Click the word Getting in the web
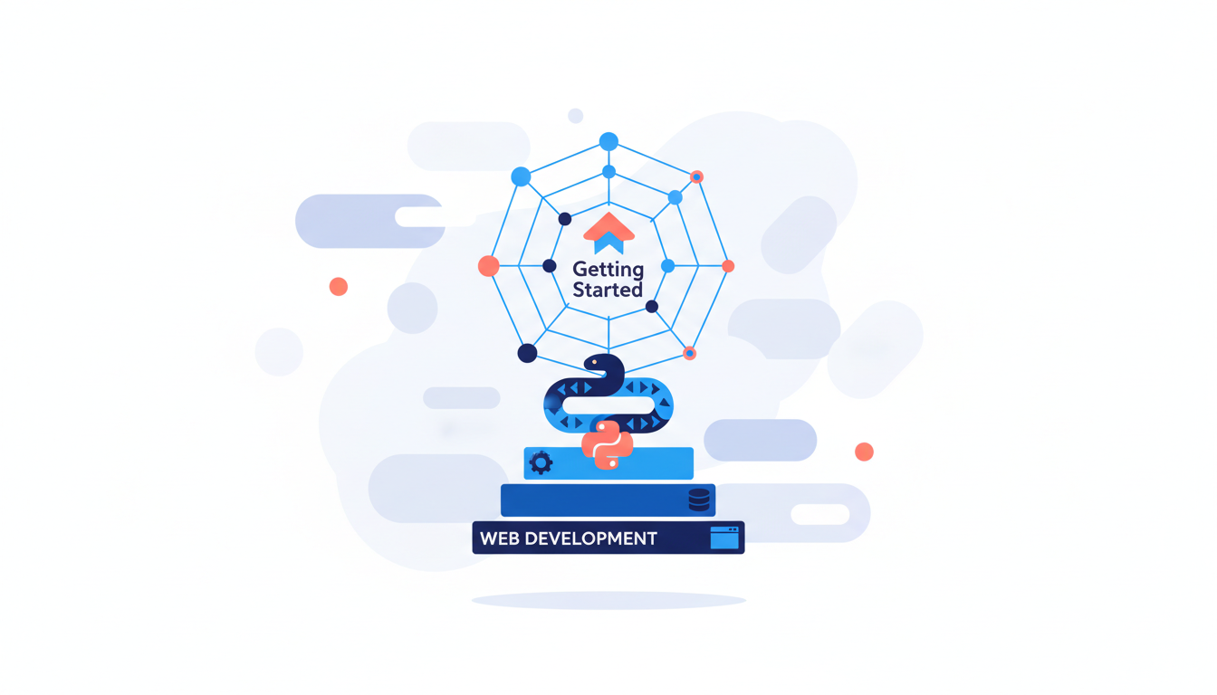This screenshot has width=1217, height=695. [x=608, y=270]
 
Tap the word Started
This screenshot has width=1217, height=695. [x=608, y=290]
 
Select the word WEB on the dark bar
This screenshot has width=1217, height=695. [x=500, y=538]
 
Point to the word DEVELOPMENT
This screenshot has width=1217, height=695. [x=591, y=538]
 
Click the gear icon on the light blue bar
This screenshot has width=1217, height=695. [x=541, y=463]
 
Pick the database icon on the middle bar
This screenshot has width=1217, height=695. [x=699, y=500]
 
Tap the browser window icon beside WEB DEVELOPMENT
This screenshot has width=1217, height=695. [x=724, y=538]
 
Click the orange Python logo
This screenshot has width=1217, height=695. [x=608, y=444]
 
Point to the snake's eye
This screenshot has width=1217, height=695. [x=595, y=362]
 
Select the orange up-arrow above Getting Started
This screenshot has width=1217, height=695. [x=609, y=227]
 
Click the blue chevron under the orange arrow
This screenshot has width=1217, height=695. [x=609, y=243]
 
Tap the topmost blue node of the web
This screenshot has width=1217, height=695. [x=608, y=142]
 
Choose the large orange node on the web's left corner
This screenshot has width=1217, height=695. [x=488, y=266]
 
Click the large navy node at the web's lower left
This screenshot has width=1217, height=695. [x=527, y=353]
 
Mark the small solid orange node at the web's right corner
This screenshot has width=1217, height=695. [x=728, y=266]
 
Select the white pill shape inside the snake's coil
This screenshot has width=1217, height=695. [x=608, y=405]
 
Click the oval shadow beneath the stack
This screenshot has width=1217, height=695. [x=608, y=600]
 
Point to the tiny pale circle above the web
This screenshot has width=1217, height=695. [x=575, y=116]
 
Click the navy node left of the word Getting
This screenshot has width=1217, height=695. [x=550, y=266]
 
